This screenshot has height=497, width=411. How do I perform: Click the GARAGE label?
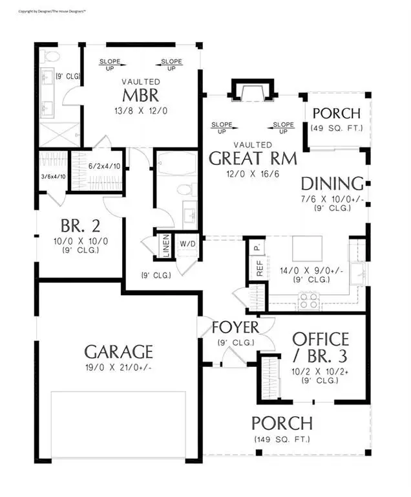tap(119, 351)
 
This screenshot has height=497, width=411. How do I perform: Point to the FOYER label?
tap(235, 327)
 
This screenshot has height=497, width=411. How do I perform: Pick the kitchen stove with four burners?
tap(308, 300)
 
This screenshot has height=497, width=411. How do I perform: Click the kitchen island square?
tap(306, 248)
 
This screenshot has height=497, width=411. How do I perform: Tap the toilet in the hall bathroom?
tap(184, 190)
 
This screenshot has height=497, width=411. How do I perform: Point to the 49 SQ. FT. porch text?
tap(337, 127)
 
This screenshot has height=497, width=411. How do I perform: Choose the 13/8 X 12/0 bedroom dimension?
tap(142, 111)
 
